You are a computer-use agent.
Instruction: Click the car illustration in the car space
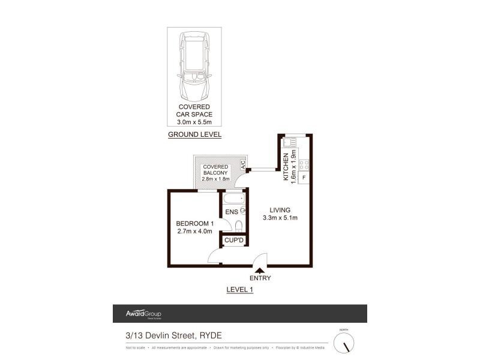click(x=194, y=67)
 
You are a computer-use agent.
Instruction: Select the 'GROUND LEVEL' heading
click(x=194, y=134)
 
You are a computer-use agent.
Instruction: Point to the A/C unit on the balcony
click(x=244, y=164)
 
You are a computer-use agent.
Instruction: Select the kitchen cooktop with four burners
click(x=304, y=164)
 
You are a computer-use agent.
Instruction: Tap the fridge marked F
click(x=304, y=178)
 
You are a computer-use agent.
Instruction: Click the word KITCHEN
click(x=286, y=166)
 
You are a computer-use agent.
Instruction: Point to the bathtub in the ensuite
click(x=232, y=199)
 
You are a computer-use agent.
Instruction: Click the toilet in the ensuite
click(x=239, y=226)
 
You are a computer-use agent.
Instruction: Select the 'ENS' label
click(x=231, y=212)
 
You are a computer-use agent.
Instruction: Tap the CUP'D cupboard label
click(x=233, y=241)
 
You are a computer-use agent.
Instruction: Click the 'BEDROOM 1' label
click(x=195, y=224)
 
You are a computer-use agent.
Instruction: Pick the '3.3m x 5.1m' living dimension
click(x=280, y=218)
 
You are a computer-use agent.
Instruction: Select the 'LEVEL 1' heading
click(x=240, y=289)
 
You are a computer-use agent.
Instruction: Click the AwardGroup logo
click(x=143, y=314)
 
